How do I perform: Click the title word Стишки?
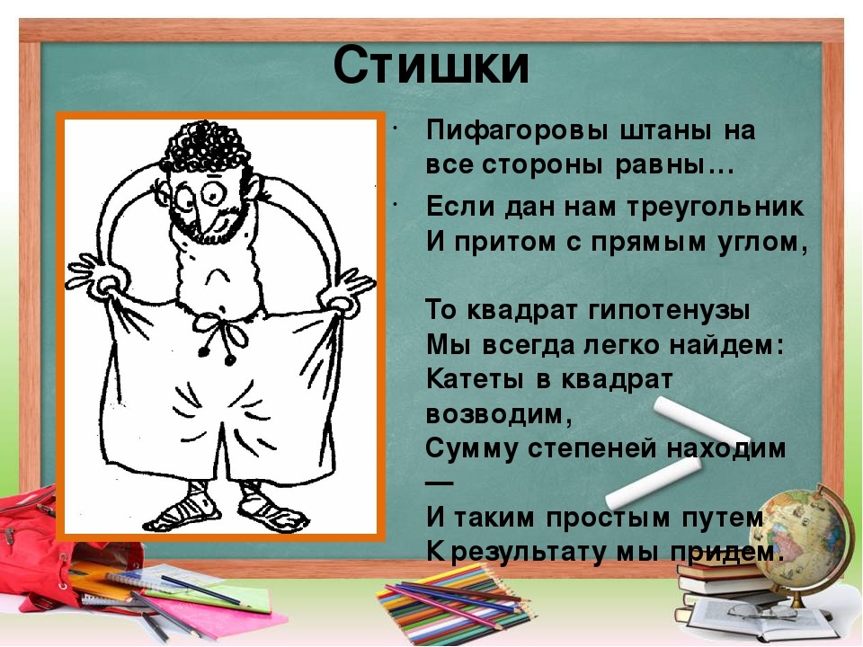[431, 65]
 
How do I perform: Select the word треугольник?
[715, 208]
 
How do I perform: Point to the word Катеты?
[475, 379]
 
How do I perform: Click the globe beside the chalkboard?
[805, 539]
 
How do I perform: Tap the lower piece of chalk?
[654, 483]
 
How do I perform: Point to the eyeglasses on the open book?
[760, 611]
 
